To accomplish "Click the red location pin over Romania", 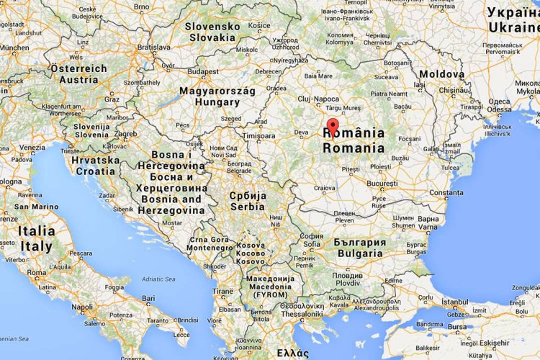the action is [x=332, y=127].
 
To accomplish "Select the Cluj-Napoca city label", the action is [x=318, y=99].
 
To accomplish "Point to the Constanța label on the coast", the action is [x=446, y=193].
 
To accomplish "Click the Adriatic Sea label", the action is [x=158, y=279].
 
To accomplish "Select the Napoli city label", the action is [x=82, y=307].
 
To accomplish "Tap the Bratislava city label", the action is [x=154, y=47].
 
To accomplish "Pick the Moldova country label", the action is [x=442, y=74].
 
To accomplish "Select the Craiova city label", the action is [x=325, y=187].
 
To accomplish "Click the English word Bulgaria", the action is [x=359, y=253].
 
